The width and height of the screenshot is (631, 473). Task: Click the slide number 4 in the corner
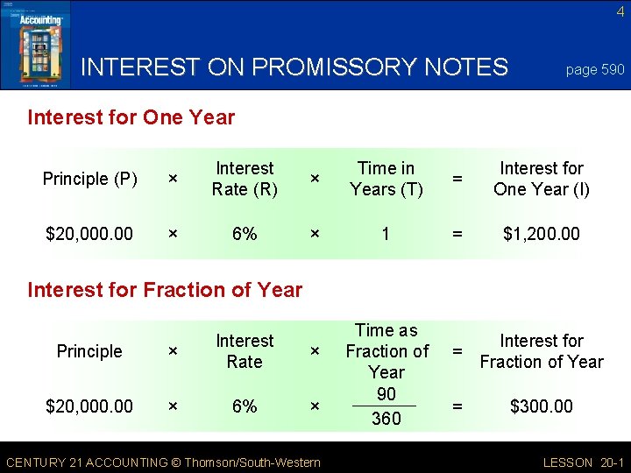coord(620,11)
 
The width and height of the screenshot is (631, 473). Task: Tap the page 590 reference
coord(595,69)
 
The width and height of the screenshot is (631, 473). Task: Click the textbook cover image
coord(35,44)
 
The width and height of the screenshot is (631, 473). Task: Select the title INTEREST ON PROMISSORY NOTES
coord(294,67)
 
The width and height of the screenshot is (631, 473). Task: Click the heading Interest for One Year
coord(131,117)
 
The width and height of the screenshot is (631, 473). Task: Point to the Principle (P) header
coord(89,179)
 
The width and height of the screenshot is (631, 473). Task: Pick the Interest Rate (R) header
coord(245,179)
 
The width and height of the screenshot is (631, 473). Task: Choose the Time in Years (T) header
coord(386,179)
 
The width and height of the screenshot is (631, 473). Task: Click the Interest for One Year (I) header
coord(541,179)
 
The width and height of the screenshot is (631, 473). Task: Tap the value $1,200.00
coord(541,234)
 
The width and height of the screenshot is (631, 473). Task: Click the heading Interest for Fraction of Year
coord(165,290)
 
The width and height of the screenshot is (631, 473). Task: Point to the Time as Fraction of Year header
coord(386,350)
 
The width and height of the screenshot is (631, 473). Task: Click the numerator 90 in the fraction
coord(386,394)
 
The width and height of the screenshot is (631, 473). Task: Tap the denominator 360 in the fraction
coord(386,419)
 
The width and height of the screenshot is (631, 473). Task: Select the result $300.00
coord(541,406)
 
